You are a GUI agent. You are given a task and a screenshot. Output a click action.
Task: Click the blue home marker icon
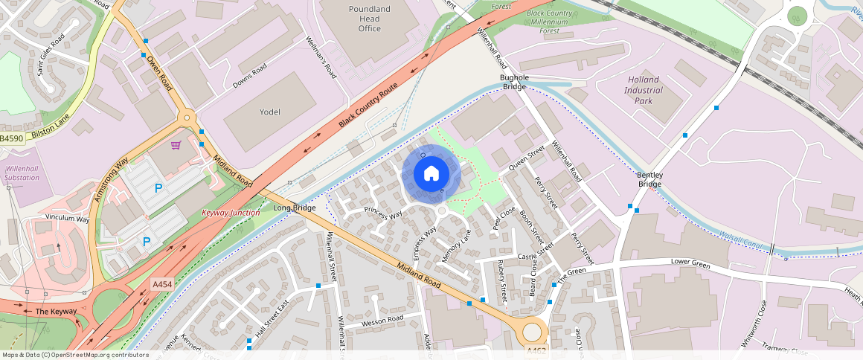[x=431, y=174]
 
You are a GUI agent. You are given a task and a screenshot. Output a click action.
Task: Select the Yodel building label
[x=269, y=112]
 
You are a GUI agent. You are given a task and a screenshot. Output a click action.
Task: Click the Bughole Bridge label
[x=514, y=82]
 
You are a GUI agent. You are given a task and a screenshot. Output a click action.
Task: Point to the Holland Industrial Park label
[x=644, y=90]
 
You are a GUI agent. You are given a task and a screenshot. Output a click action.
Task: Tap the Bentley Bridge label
[x=649, y=179]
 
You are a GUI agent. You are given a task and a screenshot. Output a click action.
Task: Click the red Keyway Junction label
[x=231, y=213]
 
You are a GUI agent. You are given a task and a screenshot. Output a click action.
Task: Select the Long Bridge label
[x=295, y=208]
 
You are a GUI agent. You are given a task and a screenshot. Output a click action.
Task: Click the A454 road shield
[x=162, y=284]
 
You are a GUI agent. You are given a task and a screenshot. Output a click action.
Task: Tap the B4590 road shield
[x=12, y=138]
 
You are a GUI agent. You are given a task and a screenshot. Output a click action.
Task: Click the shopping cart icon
[x=176, y=145]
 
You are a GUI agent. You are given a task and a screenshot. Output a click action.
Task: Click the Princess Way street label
[x=383, y=213]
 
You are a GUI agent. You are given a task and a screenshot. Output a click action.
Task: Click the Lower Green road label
[x=690, y=263]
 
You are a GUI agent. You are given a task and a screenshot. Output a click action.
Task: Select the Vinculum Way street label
[x=67, y=219]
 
